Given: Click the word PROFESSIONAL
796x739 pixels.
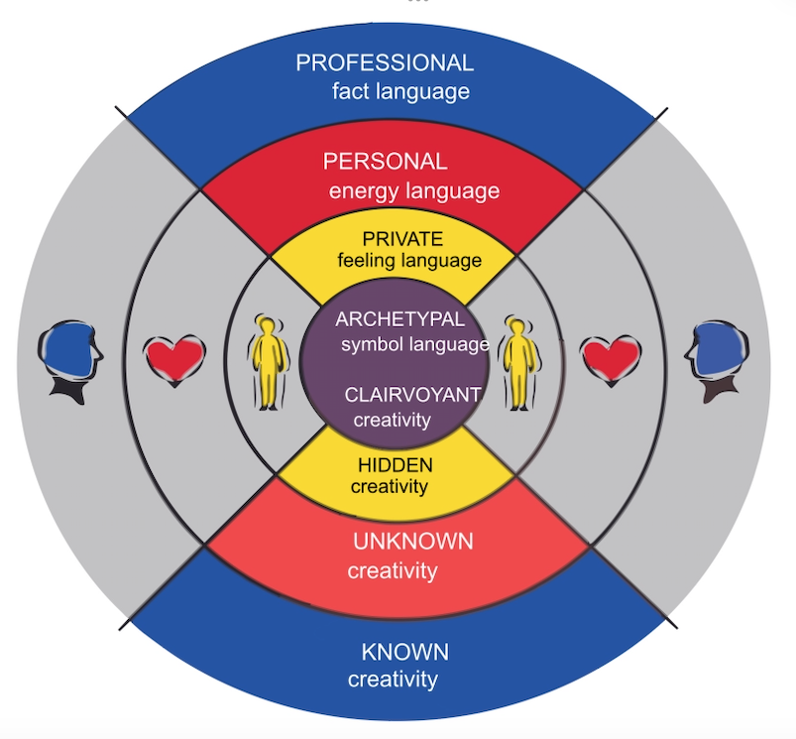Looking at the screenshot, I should [385, 63].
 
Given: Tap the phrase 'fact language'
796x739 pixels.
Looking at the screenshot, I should [400, 92].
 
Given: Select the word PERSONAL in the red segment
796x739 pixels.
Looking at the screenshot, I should [386, 161].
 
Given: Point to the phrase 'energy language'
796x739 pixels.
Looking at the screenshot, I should [414, 190].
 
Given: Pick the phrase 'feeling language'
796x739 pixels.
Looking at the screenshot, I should [409, 262].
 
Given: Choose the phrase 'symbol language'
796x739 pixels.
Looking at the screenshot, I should [415, 345].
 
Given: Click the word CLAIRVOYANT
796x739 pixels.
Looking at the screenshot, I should [413, 394].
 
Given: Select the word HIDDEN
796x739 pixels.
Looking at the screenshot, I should [396, 465].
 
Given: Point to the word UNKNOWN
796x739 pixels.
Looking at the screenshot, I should [413, 542].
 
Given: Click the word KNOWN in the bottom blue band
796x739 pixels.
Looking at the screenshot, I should [404, 652].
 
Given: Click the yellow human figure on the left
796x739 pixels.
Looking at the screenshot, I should [268, 362].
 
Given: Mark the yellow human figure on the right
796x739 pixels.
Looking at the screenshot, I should [517, 363].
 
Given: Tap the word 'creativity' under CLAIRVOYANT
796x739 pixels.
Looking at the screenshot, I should [393, 420].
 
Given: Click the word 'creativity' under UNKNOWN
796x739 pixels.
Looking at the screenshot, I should [392, 571].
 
